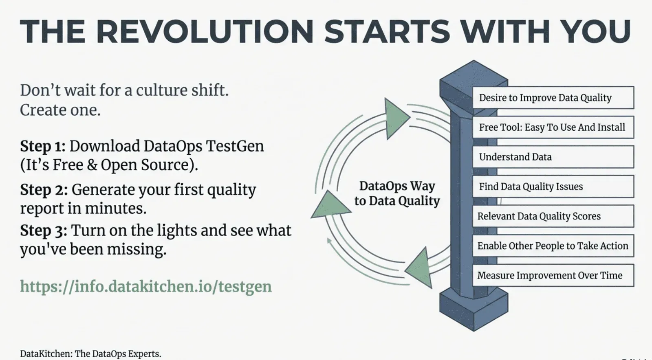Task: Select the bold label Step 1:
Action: tap(43, 146)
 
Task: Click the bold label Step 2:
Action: tap(44, 190)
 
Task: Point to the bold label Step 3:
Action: tap(44, 230)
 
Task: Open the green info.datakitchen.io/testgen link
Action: tap(145, 286)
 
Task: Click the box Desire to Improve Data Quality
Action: tap(553, 98)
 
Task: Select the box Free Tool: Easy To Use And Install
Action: tap(553, 127)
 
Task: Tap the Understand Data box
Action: tap(553, 157)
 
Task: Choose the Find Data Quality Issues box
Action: tap(553, 187)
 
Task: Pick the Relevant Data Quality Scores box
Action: tap(553, 216)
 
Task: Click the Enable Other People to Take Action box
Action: tap(553, 246)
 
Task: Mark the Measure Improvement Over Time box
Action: tap(553, 276)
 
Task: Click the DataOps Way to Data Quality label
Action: tap(397, 193)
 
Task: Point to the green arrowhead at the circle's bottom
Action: tap(420, 268)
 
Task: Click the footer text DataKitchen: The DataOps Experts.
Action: tap(90, 353)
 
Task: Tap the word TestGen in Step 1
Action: tap(235, 146)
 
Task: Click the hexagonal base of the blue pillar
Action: tap(474, 310)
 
